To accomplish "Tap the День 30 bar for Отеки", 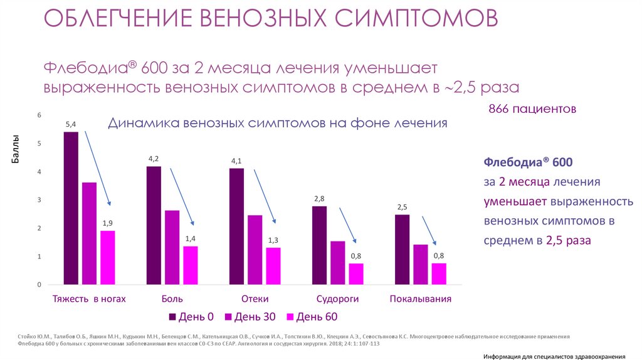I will pos(255,250).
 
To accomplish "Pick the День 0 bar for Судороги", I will pos(319,245).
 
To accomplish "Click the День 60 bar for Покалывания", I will pos(439,273).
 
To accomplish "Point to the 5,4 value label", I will pos(71,125).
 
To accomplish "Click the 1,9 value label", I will pos(107,223).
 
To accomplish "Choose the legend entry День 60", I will pos(311,317).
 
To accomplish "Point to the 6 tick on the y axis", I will pos(39,115).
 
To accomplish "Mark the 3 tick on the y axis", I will pos(39,200).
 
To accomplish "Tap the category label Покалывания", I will pos(421,299).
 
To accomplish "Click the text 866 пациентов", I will pos(532,109).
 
